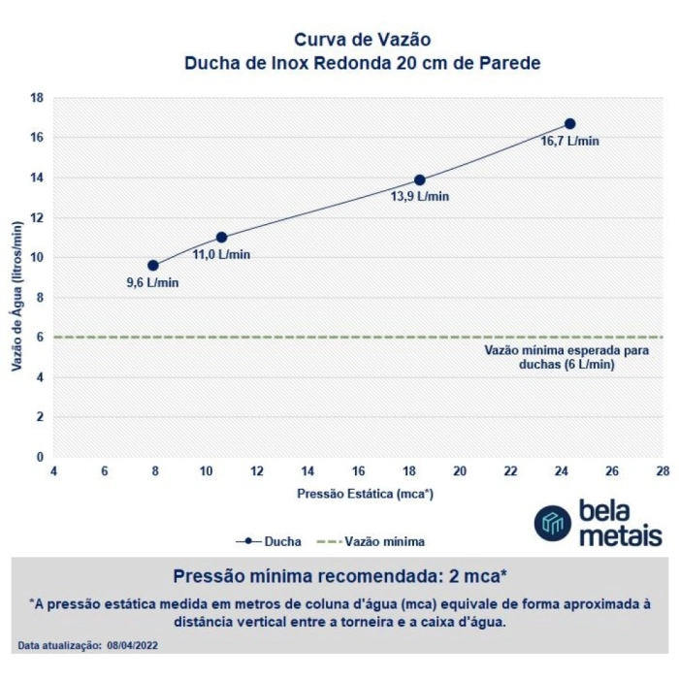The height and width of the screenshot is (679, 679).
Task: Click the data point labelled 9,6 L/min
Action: tap(153, 265)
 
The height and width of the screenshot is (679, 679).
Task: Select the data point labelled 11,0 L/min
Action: tap(221, 238)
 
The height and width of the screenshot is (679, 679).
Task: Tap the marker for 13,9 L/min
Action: tap(420, 179)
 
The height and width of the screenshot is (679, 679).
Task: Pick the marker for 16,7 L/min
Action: tap(569, 124)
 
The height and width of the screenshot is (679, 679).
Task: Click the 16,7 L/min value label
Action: tap(569, 141)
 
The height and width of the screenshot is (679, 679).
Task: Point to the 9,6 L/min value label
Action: tap(153, 282)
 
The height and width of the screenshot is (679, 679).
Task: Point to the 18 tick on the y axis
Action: tap(38, 98)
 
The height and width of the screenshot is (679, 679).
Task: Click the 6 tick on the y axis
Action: tap(40, 338)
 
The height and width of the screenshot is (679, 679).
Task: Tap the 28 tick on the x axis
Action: tap(662, 470)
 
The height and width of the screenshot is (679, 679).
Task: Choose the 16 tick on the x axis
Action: tap(358, 470)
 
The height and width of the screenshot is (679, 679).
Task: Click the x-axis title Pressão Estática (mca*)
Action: tap(365, 493)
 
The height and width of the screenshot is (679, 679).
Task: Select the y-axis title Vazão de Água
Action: tap(16, 295)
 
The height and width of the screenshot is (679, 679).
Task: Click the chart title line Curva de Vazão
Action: tap(362, 41)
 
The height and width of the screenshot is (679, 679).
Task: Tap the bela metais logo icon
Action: tap(552, 523)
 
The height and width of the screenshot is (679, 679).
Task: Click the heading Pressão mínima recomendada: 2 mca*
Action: tap(339, 573)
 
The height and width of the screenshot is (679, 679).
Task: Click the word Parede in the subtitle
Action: tap(507, 63)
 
